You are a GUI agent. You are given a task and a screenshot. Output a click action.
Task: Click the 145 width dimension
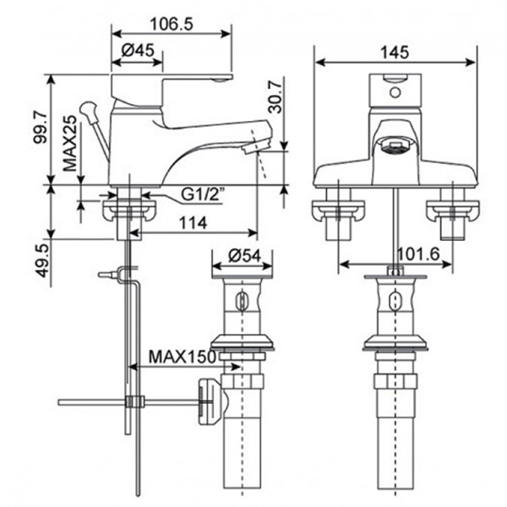click(394, 52)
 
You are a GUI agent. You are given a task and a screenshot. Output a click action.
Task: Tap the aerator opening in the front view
click(391, 148)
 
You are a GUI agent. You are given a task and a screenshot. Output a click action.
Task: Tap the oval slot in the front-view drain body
click(395, 301)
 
